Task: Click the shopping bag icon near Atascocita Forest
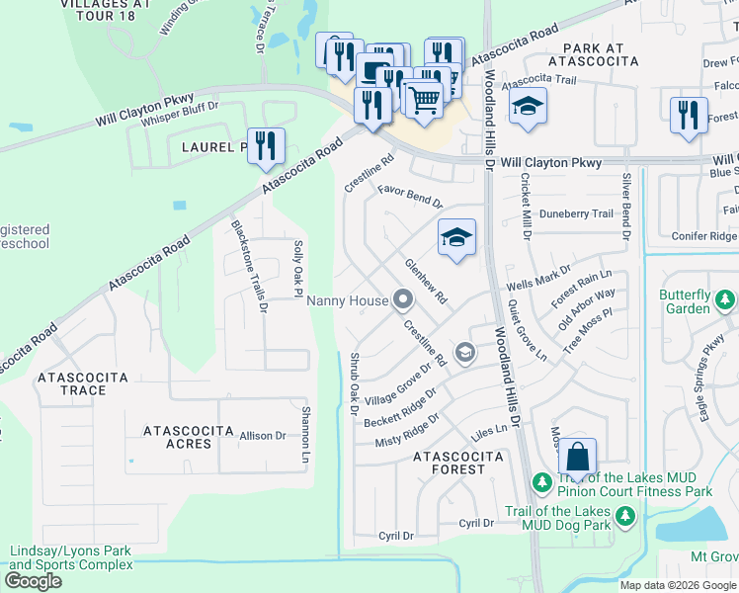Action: (x=578, y=458)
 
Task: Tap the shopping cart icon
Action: (x=424, y=99)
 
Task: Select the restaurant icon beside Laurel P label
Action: (x=266, y=146)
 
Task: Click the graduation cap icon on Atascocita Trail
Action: (x=529, y=107)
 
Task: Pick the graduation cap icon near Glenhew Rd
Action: (x=456, y=238)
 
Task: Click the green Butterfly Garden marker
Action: (x=726, y=298)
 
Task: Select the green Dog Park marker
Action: (x=624, y=515)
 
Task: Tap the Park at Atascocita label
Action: (x=600, y=54)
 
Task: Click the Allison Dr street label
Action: (x=262, y=435)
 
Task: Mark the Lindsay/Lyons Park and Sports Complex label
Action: (x=70, y=557)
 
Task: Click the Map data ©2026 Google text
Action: (x=677, y=585)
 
